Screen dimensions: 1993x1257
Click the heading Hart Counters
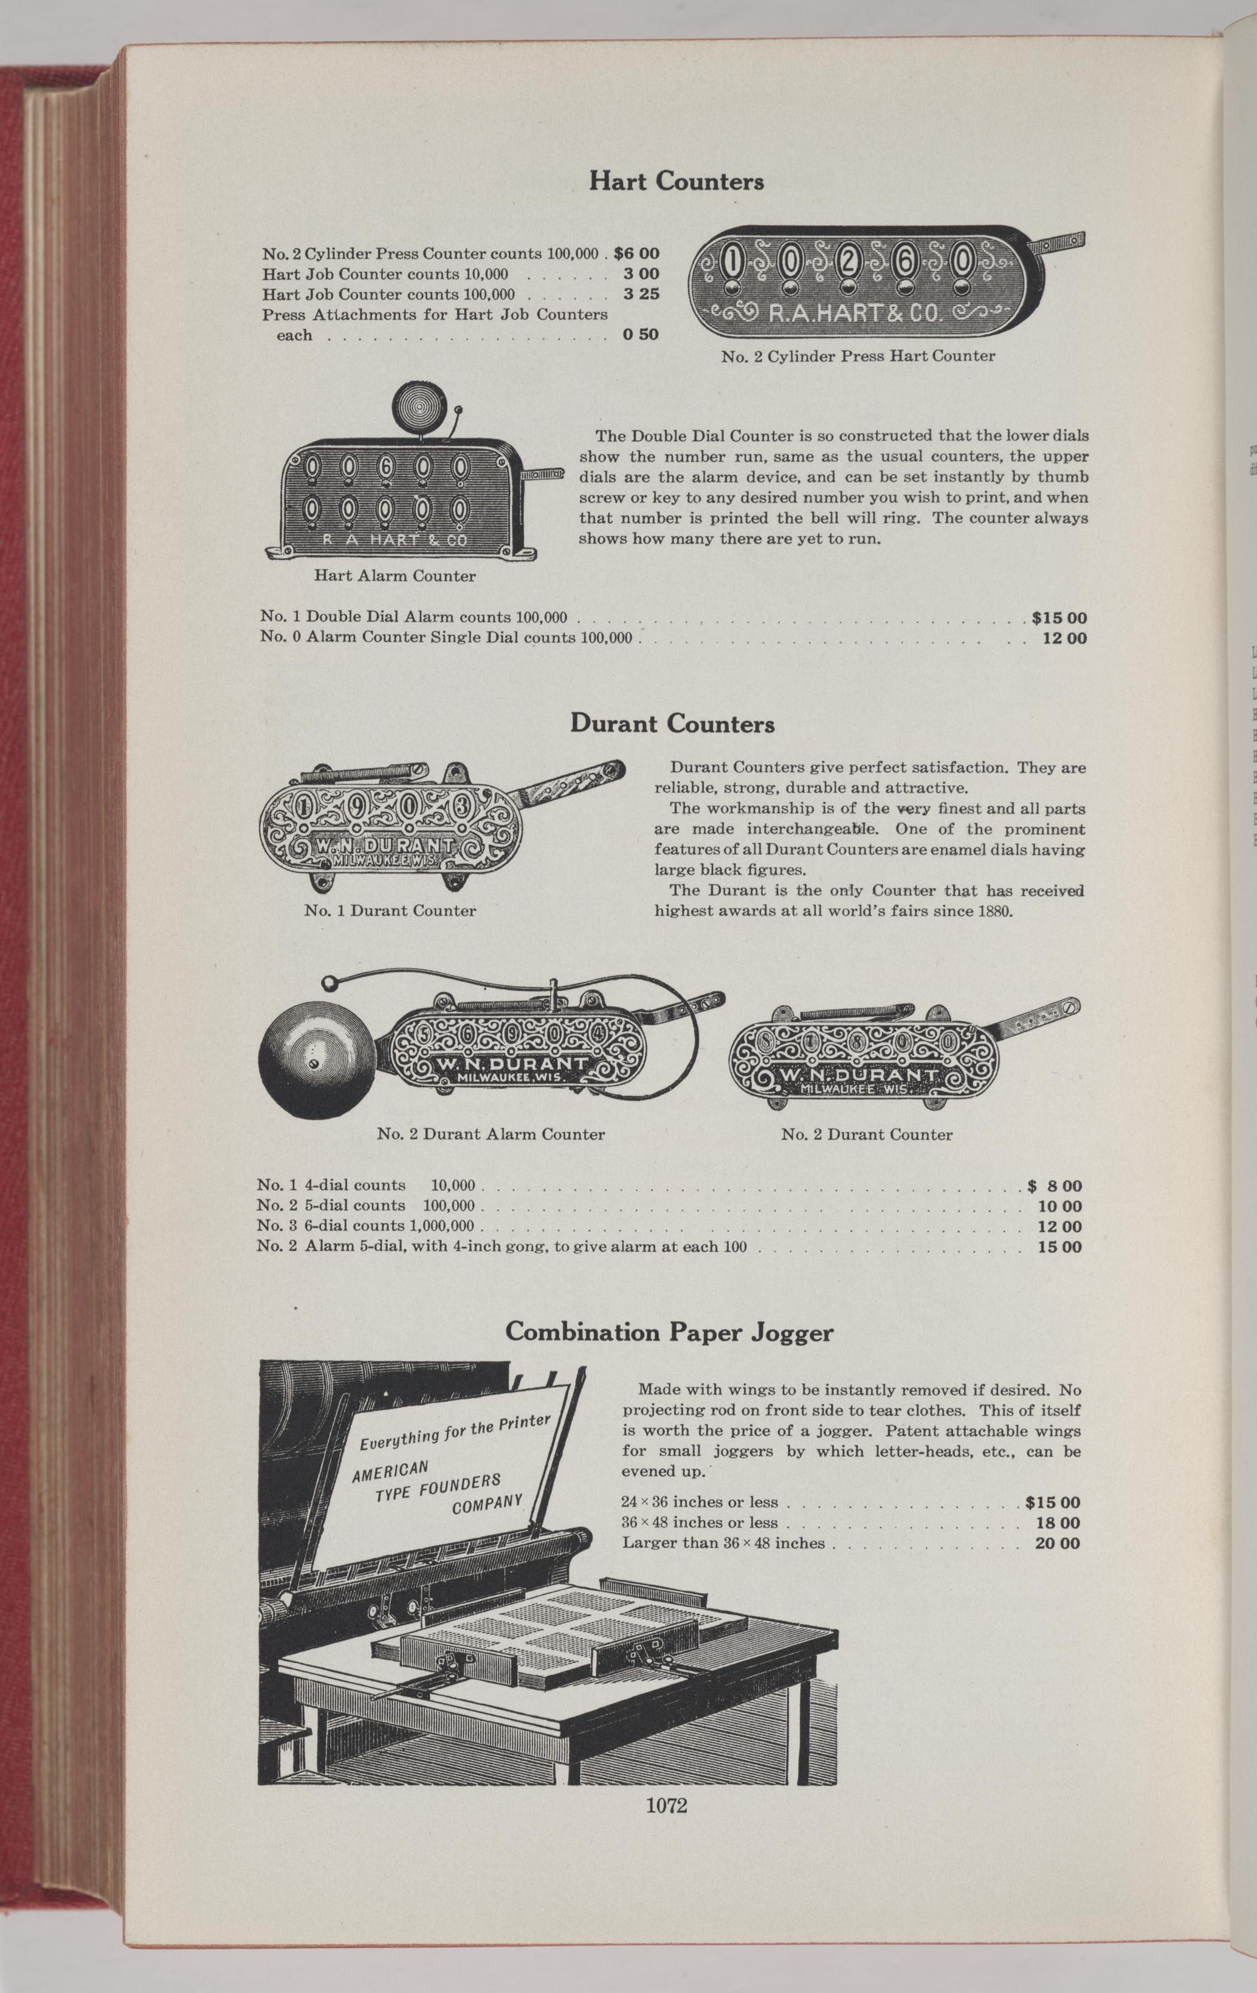tap(676, 181)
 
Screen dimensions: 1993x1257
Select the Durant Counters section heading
tap(672, 724)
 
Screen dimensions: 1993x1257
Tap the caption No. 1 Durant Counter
tap(390, 910)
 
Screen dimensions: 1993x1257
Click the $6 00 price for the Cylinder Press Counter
tap(636, 253)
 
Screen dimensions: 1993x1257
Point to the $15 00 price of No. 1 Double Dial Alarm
tap(1059, 617)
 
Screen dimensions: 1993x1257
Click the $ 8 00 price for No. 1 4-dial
tap(1054, 1186)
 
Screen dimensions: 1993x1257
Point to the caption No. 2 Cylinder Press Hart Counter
tap(858, 357)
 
